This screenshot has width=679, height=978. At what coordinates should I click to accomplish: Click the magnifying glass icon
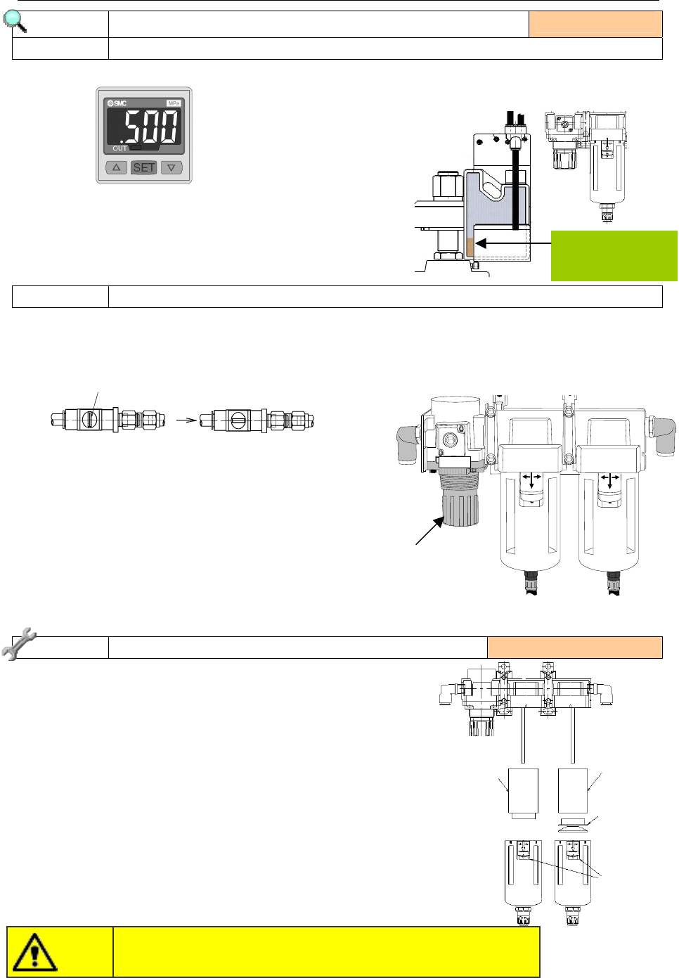14,21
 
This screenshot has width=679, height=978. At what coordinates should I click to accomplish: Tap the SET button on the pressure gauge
143,167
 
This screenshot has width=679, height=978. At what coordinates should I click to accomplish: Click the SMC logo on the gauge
117,103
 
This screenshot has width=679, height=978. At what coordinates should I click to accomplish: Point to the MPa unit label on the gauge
174,103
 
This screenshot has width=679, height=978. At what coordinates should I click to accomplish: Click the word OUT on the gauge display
119,148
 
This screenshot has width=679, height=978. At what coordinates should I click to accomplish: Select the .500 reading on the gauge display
150,126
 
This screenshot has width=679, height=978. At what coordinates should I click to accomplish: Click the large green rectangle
614,256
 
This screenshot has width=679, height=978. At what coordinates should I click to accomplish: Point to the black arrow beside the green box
512,243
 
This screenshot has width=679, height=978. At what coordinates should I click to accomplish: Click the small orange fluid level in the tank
470,247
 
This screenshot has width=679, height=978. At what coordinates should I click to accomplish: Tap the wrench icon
18,643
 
